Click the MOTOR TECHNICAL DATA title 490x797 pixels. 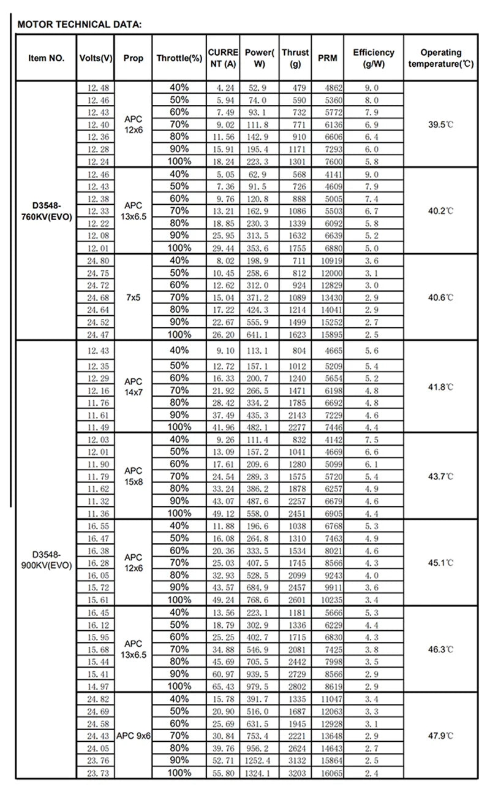[x=80, y=25]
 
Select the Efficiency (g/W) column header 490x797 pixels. [x=374, y=58]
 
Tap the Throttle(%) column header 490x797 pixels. [x=179, y=59]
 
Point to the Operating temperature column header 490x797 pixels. [x=441, y=58]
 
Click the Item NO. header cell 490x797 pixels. [x=46, y=59]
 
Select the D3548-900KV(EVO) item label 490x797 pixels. [x=46, y=559]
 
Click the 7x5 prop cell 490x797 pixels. [x=133, y=297]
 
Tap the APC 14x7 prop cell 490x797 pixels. [x=133, y=384]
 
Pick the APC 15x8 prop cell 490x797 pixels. [x=133, y=476]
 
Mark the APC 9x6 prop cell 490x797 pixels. [x=133, y=735]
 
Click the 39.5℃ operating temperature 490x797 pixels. [x=440, y=124]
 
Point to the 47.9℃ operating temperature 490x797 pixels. [x=440, y=735]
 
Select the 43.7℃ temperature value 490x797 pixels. [x=440, y=476]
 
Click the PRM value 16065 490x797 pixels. [x=328, y=773]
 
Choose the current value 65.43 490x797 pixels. [x=222, y=686]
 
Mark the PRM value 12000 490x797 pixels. [x=328, y=272]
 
